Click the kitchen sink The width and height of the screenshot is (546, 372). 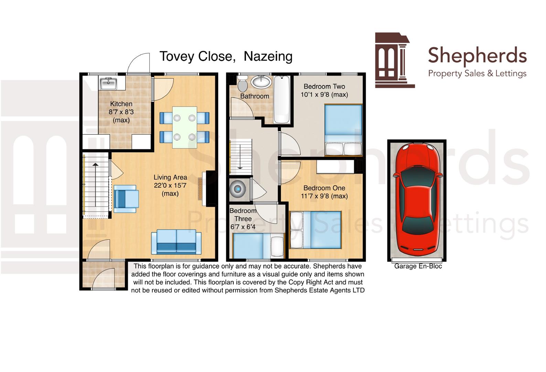tap(108, 84)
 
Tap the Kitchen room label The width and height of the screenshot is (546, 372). tap(121, 104)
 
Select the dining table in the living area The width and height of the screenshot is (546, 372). tap(184, 127)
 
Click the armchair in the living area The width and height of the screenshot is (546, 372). tap(126, 199)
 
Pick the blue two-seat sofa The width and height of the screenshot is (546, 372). tap(176, 242)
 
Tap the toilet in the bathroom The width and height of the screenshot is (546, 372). tap(243, 84)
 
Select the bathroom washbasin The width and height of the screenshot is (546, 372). tap(261, 82)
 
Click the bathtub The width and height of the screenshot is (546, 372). tap(282, 100)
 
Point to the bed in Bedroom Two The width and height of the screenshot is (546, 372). tap(343, 130)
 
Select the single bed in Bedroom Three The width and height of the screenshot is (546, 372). tap(258, 245)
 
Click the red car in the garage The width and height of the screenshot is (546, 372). tap(417, 199)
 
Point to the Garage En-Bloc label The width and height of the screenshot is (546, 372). tap(418, 266)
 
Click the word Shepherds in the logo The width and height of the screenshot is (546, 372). tap(477, 56)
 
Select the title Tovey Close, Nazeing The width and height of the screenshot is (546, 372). tap(226, 56)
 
